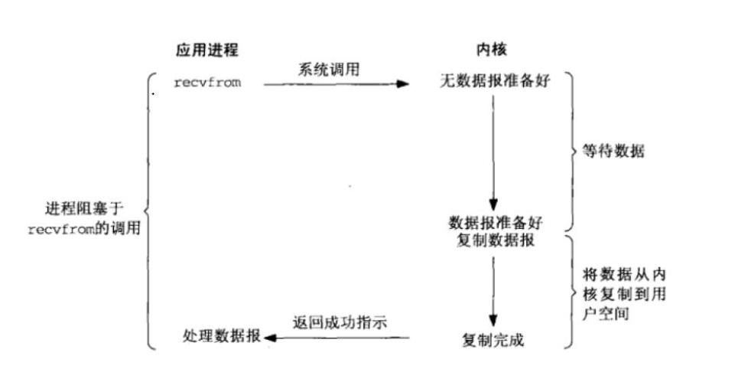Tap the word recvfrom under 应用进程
point(207,82)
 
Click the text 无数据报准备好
point(493,82)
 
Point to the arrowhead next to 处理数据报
point(269,338)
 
